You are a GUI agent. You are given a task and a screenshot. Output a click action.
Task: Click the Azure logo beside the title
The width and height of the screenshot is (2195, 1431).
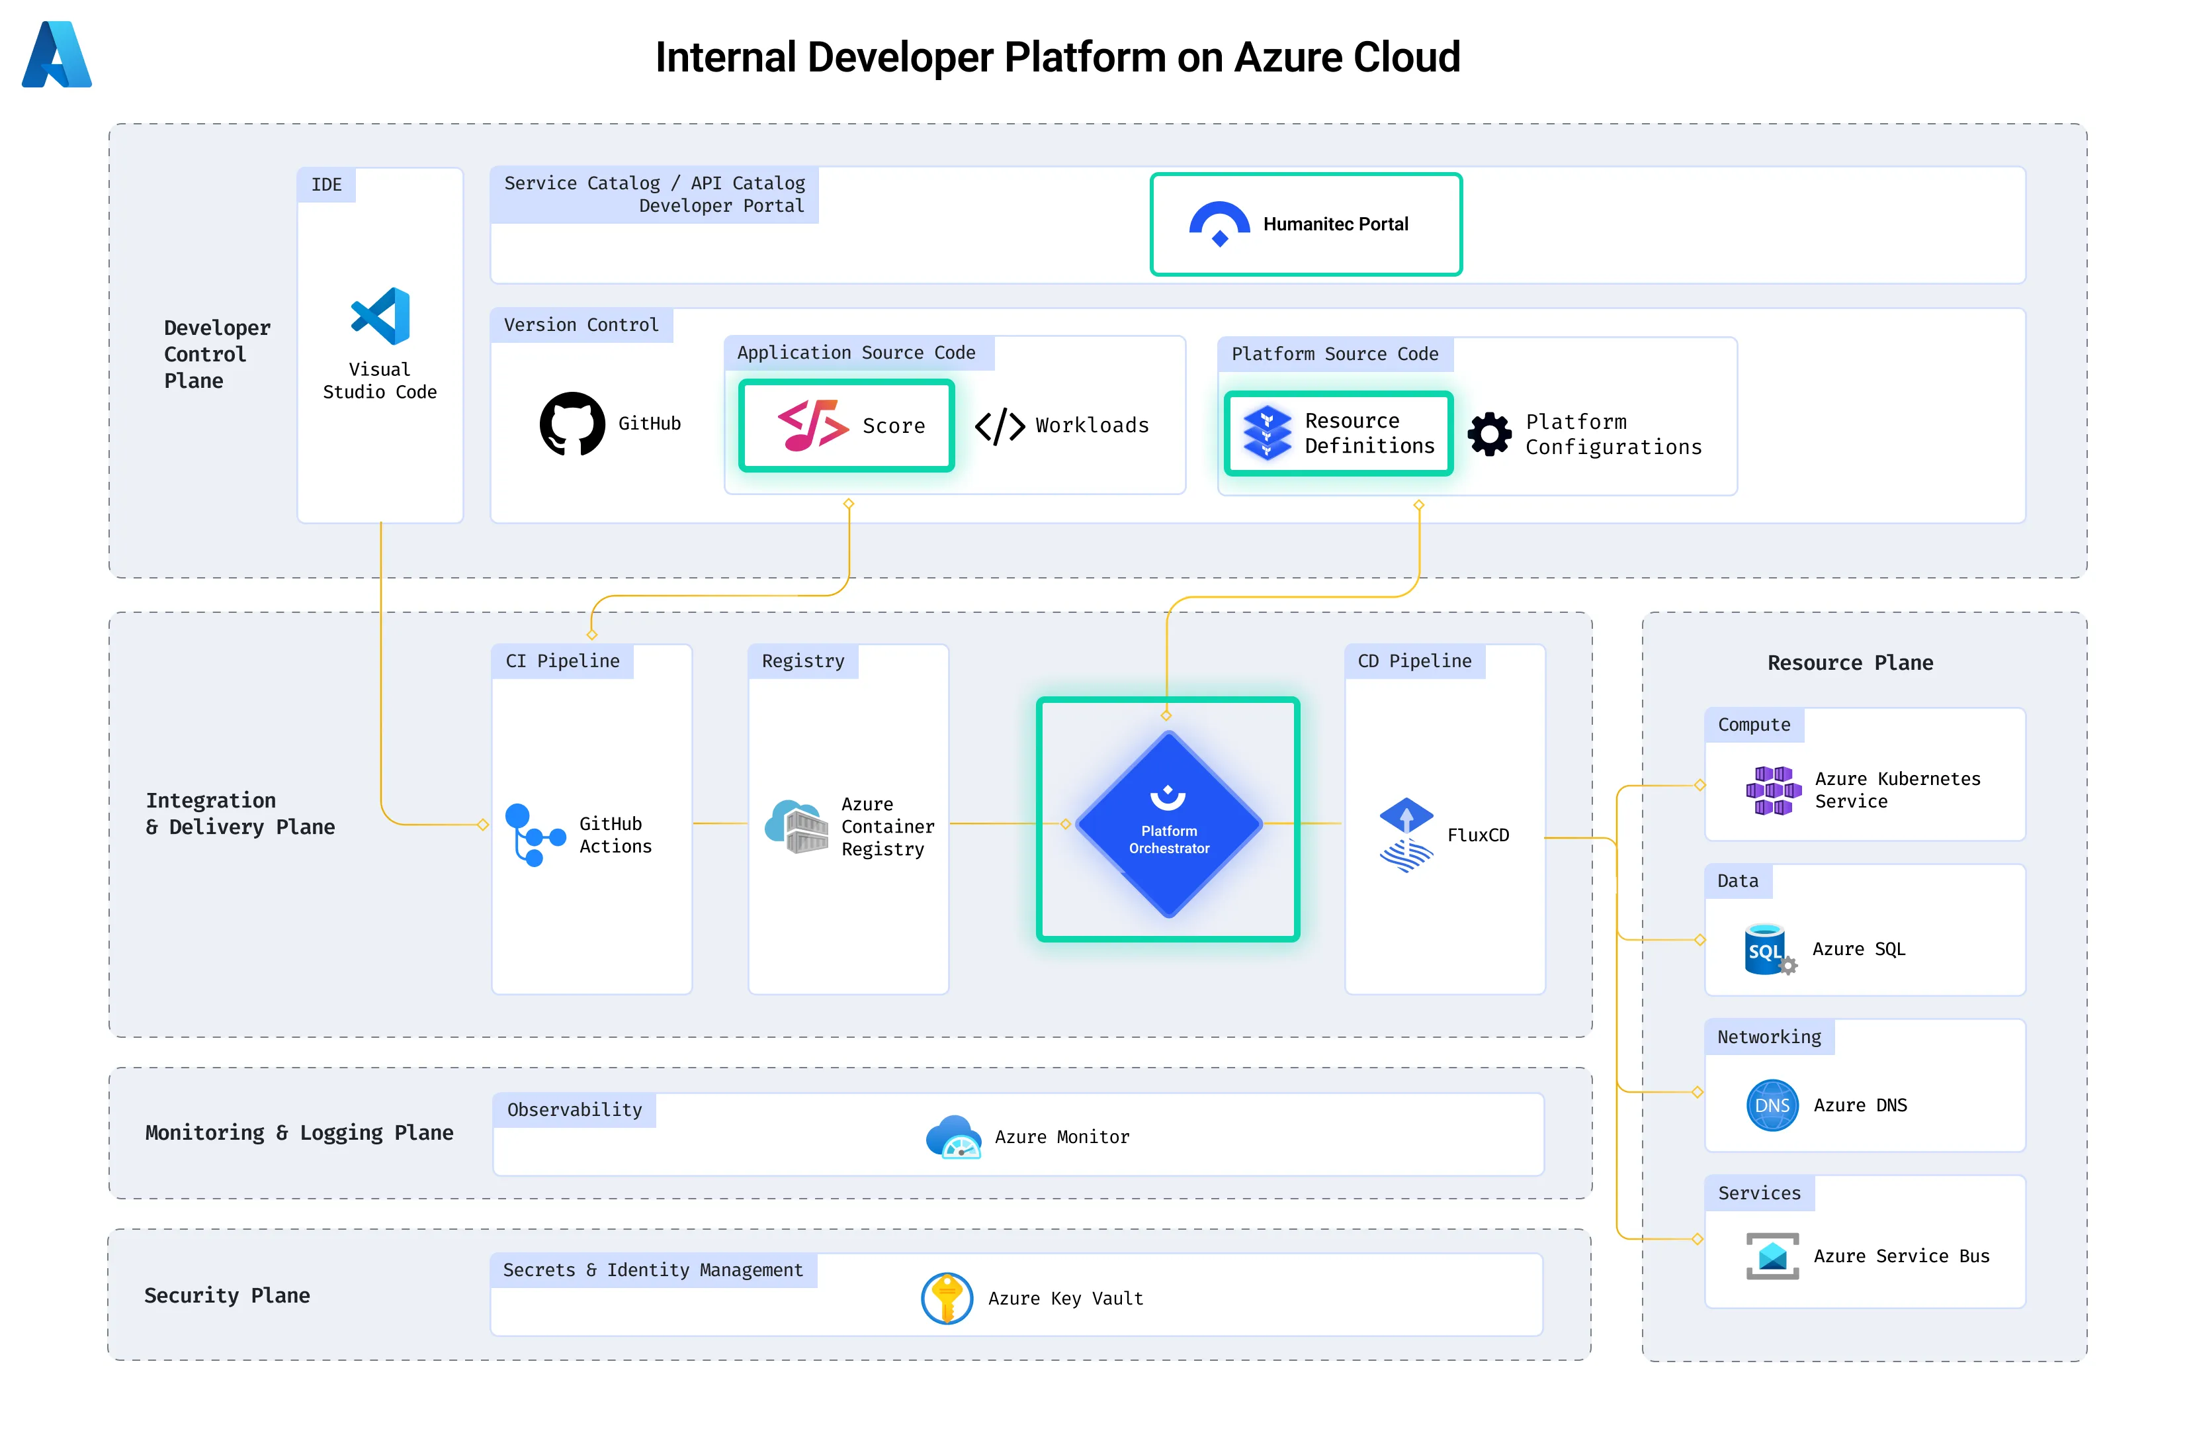(x=56, y=56)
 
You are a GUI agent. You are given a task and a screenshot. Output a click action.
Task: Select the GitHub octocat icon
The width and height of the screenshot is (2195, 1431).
(x=572, y=424)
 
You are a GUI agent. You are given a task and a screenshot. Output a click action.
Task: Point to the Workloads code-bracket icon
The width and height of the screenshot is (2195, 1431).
(x=1000, y=426)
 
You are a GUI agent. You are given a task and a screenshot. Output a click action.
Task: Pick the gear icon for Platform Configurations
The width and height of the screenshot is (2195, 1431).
(x=1490, y=434)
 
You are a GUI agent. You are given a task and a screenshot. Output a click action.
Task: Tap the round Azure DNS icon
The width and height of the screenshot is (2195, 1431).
(x=1772, y=1105)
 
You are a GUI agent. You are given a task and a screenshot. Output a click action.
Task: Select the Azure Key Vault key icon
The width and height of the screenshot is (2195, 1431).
(x=946, y=1298)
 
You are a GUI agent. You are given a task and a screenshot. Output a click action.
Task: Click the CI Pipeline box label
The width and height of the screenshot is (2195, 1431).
(x=562, y=661)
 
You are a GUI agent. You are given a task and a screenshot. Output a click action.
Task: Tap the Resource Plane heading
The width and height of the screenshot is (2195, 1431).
(x=1850, y=663)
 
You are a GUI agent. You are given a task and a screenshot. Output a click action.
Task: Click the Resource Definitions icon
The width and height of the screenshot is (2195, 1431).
(x=1268, y=433)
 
